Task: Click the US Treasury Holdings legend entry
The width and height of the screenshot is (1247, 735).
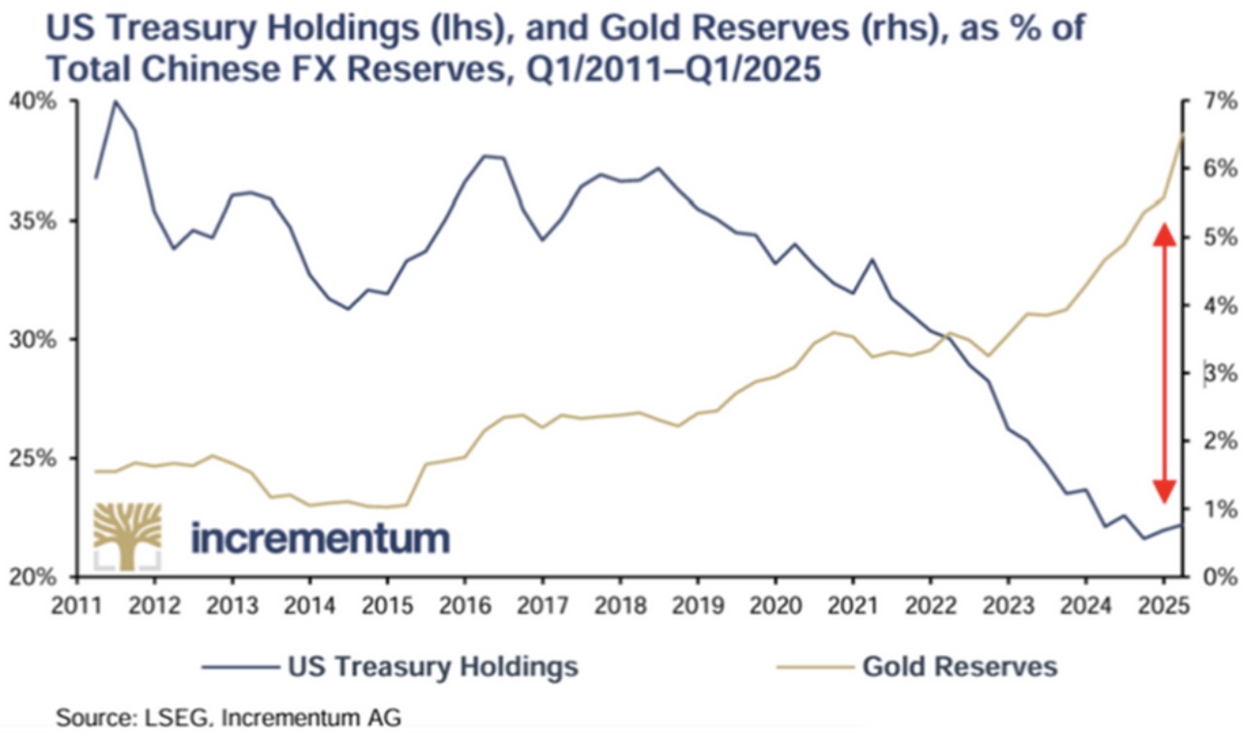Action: [432, 667]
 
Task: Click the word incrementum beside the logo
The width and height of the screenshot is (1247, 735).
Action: [320, 537]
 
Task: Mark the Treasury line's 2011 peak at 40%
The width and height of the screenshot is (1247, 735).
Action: [116, 101]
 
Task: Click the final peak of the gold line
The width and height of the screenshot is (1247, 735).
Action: [1182, 134]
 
